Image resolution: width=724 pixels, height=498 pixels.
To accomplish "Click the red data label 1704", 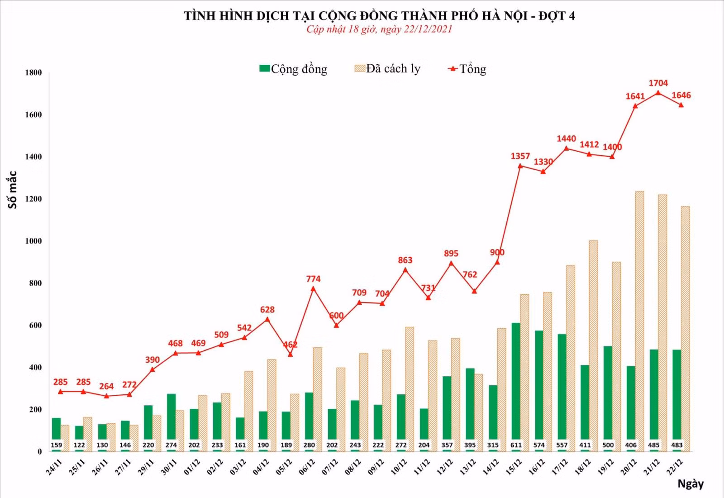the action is (x=658, y=83).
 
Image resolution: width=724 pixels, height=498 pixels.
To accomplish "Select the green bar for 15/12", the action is (x=516, y=387).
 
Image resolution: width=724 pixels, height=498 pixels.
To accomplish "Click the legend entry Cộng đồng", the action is (x=293, y=69).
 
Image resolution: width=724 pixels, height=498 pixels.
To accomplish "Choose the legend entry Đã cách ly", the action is (x=387, y=69).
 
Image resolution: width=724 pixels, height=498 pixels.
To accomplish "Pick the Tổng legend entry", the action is (x=467, y=69).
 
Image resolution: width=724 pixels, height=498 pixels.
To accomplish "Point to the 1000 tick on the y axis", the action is (x=33, y=241).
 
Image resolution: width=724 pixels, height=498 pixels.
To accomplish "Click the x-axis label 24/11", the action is (x=54, y=467).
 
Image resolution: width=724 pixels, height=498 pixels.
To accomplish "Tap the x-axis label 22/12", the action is (x=675, y=467).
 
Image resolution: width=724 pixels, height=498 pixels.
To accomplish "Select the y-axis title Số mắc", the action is (x=12, y=190).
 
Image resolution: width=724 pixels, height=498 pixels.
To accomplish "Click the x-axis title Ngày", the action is (x=691, y=484).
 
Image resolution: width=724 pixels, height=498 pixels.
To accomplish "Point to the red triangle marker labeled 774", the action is (x=313, y=289).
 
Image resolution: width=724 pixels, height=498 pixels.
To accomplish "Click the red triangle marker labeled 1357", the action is (x=520, y=166).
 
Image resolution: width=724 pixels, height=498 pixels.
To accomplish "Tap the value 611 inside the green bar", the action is (x=516, y=445).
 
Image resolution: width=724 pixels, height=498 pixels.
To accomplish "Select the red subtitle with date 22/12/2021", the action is (x=379, y=29).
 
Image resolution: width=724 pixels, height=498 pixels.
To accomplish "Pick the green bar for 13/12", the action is (x=470, y=410).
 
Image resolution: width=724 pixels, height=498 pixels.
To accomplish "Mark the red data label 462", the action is (x=290, y=344).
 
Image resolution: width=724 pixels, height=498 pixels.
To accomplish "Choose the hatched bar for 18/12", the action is (x=593, y=346).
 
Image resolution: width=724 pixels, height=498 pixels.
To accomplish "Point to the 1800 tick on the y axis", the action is (x=33, y=72).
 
